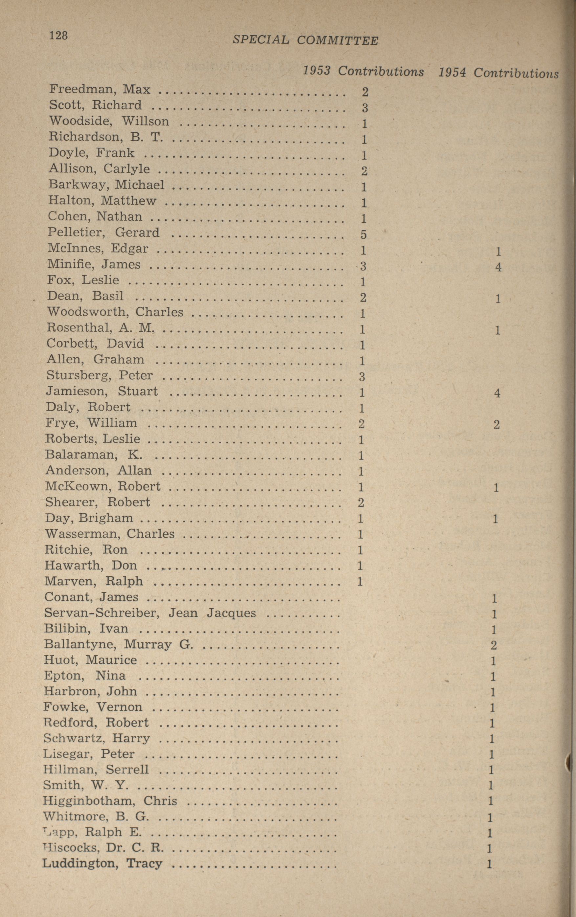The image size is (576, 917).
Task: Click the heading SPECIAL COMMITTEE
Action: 305,40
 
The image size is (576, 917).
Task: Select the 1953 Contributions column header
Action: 363,71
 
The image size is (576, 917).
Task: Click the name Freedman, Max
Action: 100,89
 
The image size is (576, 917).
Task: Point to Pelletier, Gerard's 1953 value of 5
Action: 363,235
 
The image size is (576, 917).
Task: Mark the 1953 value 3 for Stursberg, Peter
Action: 362,377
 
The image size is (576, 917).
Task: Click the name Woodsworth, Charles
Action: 115,312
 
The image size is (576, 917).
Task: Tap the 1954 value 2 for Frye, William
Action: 497,424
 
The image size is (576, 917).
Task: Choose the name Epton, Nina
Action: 84,676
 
